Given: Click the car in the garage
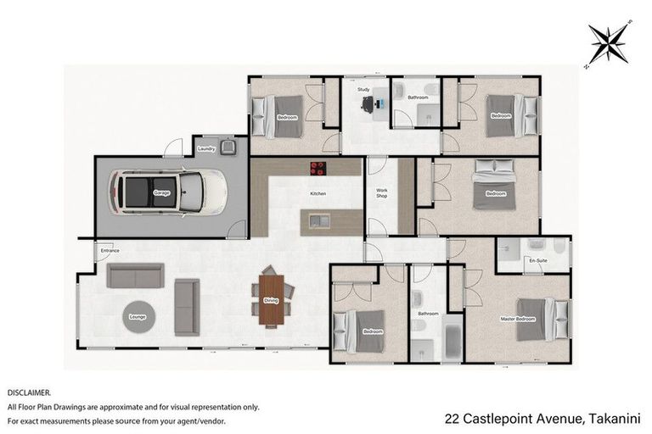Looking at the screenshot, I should tap(171, 192).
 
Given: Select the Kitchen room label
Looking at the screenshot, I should tap(318, 194).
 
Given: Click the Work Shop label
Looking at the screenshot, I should tap(382, 194).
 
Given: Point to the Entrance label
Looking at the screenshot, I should tap(110, 251).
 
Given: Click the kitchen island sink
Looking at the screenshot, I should tap(319, 221).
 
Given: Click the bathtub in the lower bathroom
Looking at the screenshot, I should tap(450, 343).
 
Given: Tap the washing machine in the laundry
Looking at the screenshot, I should tap(228, 147).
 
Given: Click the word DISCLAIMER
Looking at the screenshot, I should tap(30, 393).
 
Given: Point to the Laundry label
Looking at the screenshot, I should tap(205, 149).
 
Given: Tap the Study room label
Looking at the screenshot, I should tap(363, 89).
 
